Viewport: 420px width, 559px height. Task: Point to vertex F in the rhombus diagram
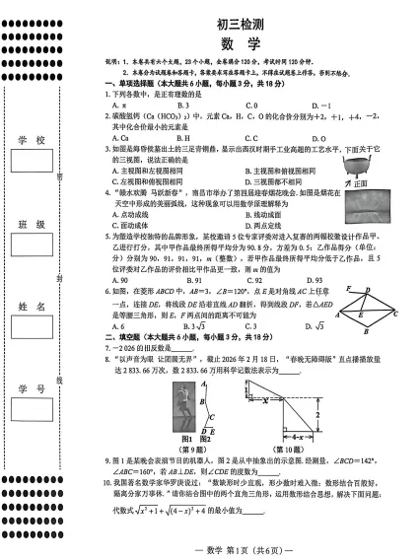click(347, 289)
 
